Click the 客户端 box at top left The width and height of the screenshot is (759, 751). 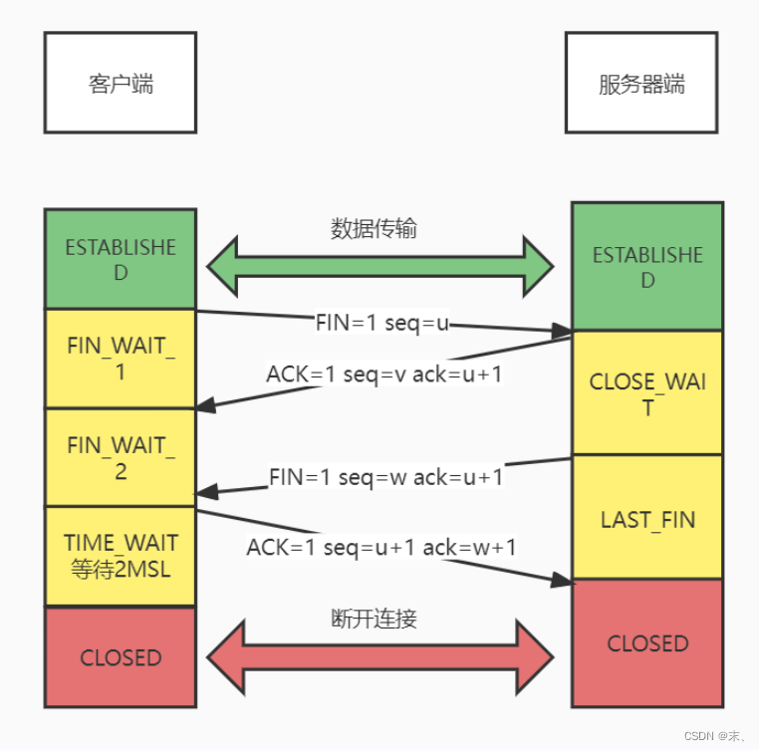pos(121,83)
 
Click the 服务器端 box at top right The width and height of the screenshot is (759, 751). pos(641,83)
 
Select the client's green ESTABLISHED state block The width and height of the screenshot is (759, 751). pos(121,259)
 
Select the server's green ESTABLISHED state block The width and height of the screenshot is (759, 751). pos(646,267)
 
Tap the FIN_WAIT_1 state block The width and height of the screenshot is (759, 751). pos(121,359)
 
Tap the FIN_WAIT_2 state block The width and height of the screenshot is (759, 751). pos(121,457)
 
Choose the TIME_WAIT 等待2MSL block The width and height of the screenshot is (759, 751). pos(121,556)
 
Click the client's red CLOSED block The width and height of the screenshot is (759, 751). pos(121,657)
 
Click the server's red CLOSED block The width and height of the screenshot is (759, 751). pos(646,643)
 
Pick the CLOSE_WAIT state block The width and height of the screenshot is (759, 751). pos(646,393)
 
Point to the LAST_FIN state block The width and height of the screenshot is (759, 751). pos(646,518)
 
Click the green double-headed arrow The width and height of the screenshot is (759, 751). pos(379,267)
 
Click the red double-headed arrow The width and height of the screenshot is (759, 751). pos(379,656)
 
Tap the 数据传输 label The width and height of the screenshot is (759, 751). pos(374,229)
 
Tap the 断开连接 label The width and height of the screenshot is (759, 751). pos(374,619)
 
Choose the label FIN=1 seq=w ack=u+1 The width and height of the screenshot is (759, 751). pos(386,477)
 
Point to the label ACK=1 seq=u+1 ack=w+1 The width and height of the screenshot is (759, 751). pos(381,546)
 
